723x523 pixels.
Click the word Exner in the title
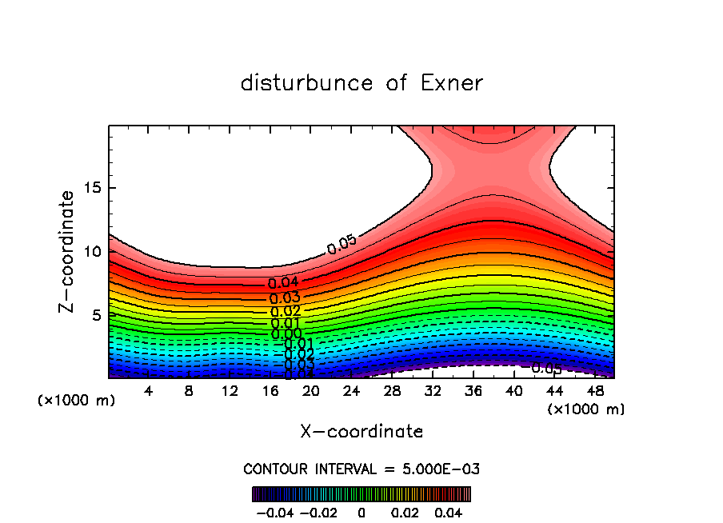point(449,83)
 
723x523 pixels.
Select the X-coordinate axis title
point(361,432)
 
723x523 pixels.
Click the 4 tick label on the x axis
point(149,391)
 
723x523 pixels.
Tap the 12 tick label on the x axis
point(230,391)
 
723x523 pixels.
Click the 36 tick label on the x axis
point(473,391)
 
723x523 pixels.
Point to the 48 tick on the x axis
point(595,391)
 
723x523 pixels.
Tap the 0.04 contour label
point(283,283)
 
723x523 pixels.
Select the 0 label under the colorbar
point(361,511)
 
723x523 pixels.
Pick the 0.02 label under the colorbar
point(406,511)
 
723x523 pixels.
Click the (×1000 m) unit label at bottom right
point(586,409)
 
